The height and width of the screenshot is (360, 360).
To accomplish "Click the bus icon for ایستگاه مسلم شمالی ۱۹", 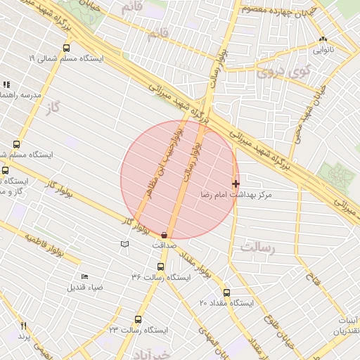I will coord(66,49).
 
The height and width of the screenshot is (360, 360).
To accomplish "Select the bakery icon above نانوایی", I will coord(323,40).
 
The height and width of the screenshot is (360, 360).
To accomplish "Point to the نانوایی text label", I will coord(323,50).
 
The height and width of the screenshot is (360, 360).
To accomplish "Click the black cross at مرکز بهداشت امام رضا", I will coord(236,183).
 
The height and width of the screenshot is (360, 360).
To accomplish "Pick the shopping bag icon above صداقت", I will coord(165,234).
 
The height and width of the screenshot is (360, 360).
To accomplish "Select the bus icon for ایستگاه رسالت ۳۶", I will coord(160,267).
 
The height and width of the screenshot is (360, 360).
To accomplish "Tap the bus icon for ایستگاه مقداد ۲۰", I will coord(226,292).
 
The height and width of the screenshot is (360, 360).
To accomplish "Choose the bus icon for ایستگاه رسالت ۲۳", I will coord(138,319).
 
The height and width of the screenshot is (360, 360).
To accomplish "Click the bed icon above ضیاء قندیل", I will coord(85,276).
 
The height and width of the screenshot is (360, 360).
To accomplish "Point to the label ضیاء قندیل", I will coord(85,287).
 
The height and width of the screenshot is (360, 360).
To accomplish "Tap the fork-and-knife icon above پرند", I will coord(23,326).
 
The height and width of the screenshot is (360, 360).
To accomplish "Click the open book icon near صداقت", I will coord(125,243).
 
